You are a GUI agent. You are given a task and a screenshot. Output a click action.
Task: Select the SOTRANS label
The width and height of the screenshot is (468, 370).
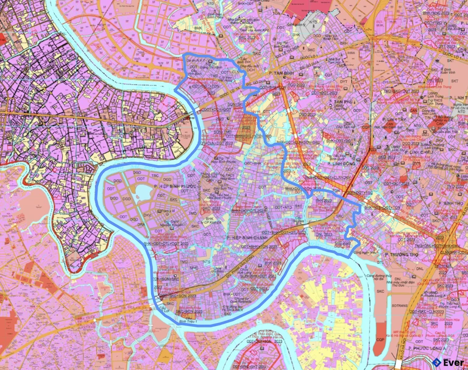400,304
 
